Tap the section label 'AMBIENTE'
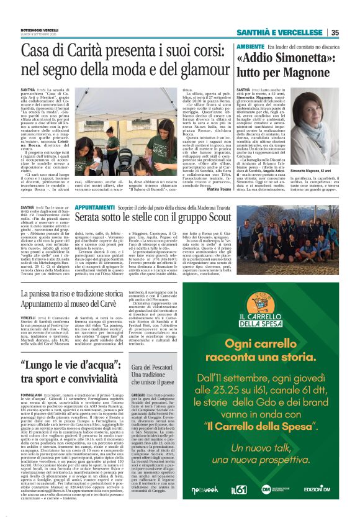[x=249, y=47]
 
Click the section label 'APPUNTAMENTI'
[x=99, y=206]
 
